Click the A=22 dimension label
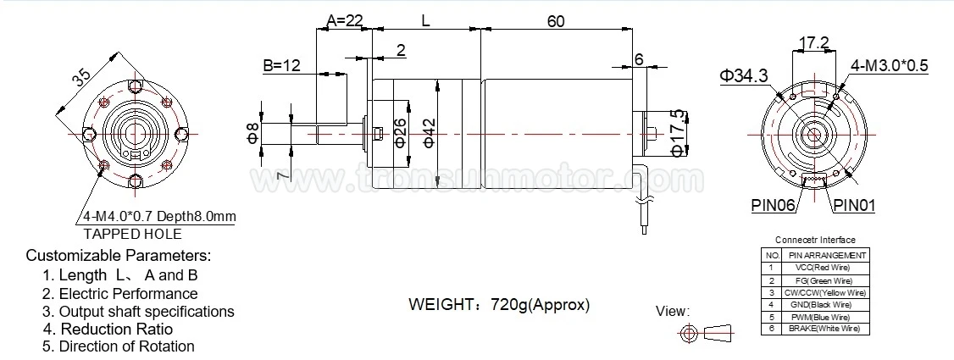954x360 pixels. [x=347, y=19]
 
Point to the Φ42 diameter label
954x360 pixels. [x=429, y=132]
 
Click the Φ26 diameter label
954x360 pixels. [x=401, y=132]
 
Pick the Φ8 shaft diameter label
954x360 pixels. [x=252, y=134]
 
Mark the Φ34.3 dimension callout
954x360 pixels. [x=744, y=75]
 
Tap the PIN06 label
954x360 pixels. [x=772, y=205]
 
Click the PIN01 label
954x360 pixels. [x=853, y=205]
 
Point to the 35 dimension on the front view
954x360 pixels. [x=81, y=79]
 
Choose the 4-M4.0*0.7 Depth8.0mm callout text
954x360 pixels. [x=159, y=217]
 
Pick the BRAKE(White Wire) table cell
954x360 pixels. [x=824, y=328]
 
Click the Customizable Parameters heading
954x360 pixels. [x=118, y=255]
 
